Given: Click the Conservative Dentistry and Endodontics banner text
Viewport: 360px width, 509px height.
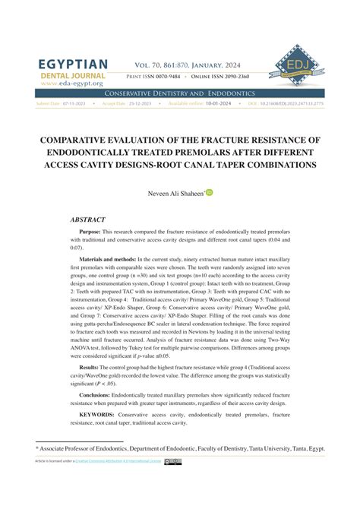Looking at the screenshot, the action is (x=180, y=92).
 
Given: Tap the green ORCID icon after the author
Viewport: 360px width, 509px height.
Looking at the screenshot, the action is (x=209, y=193).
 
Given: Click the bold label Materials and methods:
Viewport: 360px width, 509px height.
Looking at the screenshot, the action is (x=116, y=259).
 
